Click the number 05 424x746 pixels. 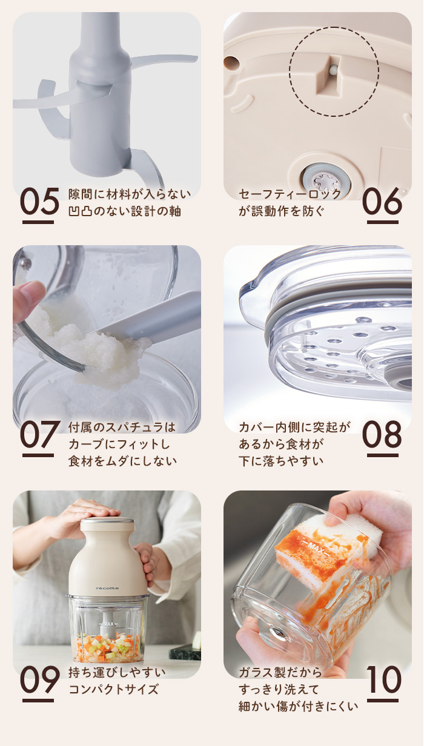tap(39, 202)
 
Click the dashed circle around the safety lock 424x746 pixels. tap(334, 71)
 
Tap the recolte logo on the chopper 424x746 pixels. tap(107, 587)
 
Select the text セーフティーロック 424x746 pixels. tap(290, 194)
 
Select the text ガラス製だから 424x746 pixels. tap(280, 672)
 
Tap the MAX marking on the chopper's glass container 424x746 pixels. tap(108, 623)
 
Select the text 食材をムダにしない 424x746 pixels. tap(122, 461)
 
